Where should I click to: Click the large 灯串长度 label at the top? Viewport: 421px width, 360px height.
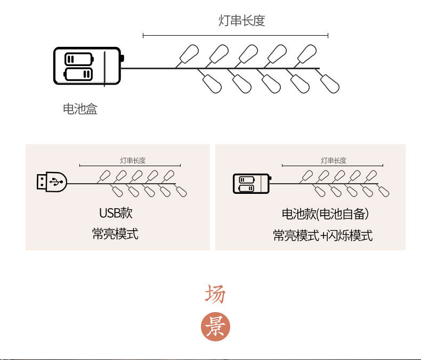point(242,21)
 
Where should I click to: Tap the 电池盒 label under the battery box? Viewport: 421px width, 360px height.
point(80,109)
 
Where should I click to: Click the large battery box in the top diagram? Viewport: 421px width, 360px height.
point(87,66)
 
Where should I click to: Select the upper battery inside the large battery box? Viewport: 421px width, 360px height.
point(78,58)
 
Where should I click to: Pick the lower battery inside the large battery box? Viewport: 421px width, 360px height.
point(78,73)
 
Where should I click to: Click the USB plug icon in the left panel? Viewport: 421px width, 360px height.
point(51,182)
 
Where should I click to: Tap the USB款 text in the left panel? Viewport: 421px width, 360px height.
point(116,213)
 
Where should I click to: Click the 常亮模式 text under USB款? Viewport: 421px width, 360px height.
point(115,234)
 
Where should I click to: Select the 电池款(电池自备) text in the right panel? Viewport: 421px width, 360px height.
point(325,214)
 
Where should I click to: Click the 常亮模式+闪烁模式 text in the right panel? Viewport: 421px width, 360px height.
point(323,235)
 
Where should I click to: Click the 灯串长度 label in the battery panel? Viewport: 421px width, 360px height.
point(334,160)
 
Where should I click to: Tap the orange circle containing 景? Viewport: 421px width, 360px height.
point(215,327)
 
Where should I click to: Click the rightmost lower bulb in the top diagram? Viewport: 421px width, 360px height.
point(331,84)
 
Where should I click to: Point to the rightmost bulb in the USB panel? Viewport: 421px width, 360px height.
point(182,191)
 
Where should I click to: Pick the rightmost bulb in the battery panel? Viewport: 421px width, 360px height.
point(384,191)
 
